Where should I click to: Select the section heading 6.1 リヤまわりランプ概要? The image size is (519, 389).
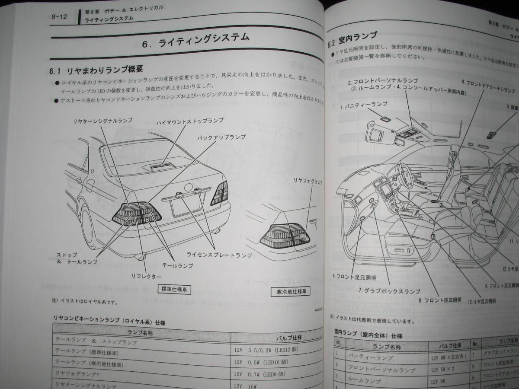[96, 70]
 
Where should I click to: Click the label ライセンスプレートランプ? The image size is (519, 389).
[219, 255]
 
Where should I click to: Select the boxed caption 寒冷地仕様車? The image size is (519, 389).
[290, 292]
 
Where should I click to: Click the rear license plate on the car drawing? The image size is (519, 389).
[186, 206]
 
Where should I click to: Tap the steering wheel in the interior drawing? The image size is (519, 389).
[404, 173]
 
